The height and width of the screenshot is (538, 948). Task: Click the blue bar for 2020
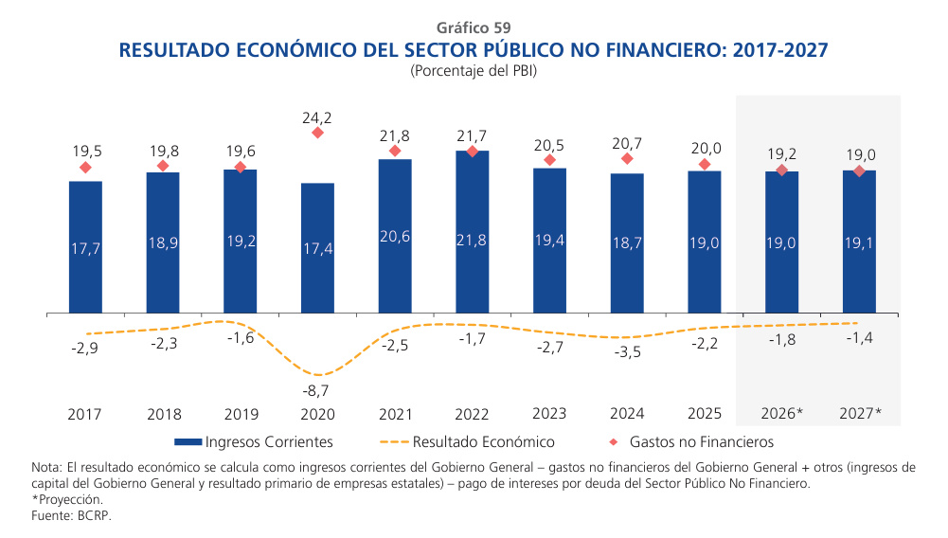click(x=317, y=247)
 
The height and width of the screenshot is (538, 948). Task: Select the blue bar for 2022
click(x=472, y=231)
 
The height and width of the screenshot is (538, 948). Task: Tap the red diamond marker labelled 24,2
click(x=317, y=133)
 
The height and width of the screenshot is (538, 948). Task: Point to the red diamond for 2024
click(x=627, y=159)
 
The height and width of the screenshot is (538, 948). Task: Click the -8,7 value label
click(x=317, y=390)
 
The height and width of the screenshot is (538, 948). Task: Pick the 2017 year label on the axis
click(x=85, y=415)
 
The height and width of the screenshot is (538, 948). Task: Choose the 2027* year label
click(x=859, y=415)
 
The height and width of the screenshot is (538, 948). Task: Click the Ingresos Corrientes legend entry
click(x=253, y=442)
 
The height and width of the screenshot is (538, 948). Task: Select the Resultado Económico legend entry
click(x=468, y=442)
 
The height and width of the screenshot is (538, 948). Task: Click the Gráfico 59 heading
click(x=474, y=27)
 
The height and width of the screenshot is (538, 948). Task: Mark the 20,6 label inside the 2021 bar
click(x=394, y=237)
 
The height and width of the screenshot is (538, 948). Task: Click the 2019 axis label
click(x=240, y=415)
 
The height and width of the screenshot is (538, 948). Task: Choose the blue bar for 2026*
click(x=781, y=242)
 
